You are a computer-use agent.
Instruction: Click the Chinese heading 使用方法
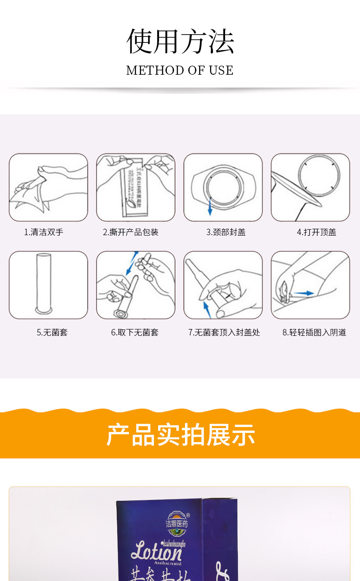[180, 41]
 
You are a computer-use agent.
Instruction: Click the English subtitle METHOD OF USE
[180, 70]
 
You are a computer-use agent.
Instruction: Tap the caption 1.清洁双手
[44, 232]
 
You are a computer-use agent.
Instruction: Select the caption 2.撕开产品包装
[130, 232]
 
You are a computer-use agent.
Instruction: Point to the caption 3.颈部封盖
[226, 232]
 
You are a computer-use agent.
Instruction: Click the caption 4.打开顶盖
[316, 232]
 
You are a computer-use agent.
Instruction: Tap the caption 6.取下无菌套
[135, 333]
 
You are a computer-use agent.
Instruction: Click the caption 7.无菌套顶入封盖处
[224, 333]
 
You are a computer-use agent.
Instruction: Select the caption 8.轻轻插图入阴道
[314, 333]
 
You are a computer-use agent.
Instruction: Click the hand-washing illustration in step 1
[48, 187]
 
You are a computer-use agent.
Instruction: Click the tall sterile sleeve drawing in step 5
[44, 284]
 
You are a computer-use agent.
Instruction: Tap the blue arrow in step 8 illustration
[303, 293]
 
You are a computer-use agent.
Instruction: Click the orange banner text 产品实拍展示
[180, 435]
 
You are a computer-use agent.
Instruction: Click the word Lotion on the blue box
[156, 552]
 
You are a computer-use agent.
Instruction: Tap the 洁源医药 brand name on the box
[177, 524]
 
